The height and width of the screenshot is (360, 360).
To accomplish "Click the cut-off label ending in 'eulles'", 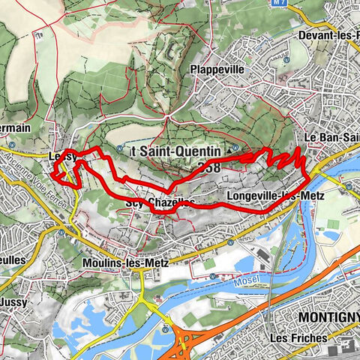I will (14, 259).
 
